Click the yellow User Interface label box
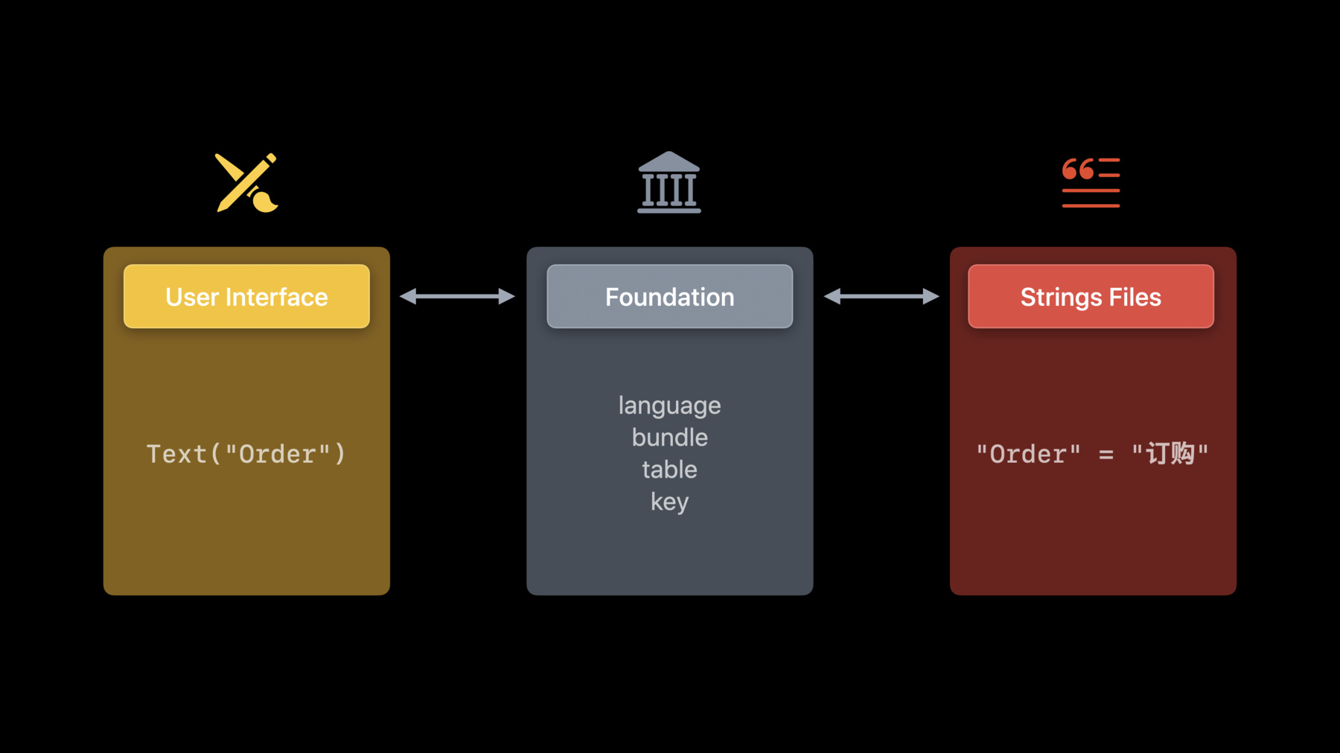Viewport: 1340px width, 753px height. click(x=246, y=296)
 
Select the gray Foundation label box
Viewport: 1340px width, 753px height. click(x=670, y=296)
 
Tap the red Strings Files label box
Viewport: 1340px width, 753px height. click(x=1091, y=296)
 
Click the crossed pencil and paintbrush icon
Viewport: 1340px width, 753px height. click(x=246, y=183)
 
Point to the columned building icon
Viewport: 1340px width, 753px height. click(x=669, y=182)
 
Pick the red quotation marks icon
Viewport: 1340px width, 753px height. click(x=1091, y=182)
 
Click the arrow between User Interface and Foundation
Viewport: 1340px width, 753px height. click(x=457, y=296)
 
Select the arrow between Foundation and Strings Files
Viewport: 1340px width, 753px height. click(x=881, y=296)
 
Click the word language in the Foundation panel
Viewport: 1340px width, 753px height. click(x=670, y=406)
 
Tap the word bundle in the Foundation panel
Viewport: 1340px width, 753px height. click(x=670, y=437)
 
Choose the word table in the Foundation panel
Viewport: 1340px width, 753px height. click(x=670, y=469)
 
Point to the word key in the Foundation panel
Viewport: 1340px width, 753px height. click(x=670, y=502)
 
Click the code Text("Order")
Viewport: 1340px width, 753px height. click(x=246, y=454)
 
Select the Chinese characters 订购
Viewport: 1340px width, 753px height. click(x=1170, y=453)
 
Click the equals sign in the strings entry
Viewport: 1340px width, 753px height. click(x=1106, y=455)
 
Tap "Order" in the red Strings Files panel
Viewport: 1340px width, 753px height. click(x=1029, y=454)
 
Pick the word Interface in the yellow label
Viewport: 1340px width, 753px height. click(x=277, y=297)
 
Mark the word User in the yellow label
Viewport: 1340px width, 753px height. click(x=192, y=297)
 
